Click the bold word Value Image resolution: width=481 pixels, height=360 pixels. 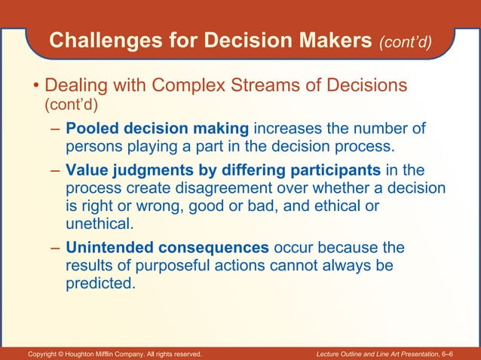[87, 169]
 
